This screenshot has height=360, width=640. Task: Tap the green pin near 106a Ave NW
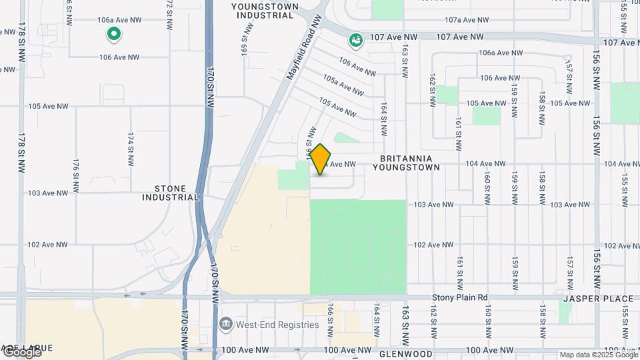point(114,33)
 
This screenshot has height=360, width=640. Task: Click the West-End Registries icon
point(226,325)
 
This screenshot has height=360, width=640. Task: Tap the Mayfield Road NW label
point(304,49)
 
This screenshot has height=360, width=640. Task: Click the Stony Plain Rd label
point(460,297)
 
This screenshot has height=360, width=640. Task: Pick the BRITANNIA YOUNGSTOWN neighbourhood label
point(410,163)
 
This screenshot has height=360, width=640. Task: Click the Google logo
point(21,352)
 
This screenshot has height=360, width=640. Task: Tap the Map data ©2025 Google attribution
point(598,355)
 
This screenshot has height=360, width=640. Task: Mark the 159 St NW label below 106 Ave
point(514,99)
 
